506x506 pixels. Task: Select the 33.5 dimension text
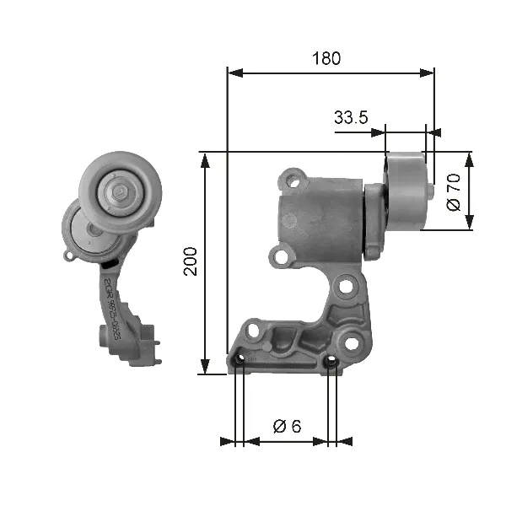350,119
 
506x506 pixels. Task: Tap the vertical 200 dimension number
191,262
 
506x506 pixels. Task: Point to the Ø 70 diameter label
453,191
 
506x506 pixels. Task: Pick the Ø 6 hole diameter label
287,426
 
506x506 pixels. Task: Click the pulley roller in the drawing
406,191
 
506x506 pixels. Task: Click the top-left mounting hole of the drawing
292,179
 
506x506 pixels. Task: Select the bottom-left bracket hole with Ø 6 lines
240,363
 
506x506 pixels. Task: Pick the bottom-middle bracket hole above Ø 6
331,363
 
